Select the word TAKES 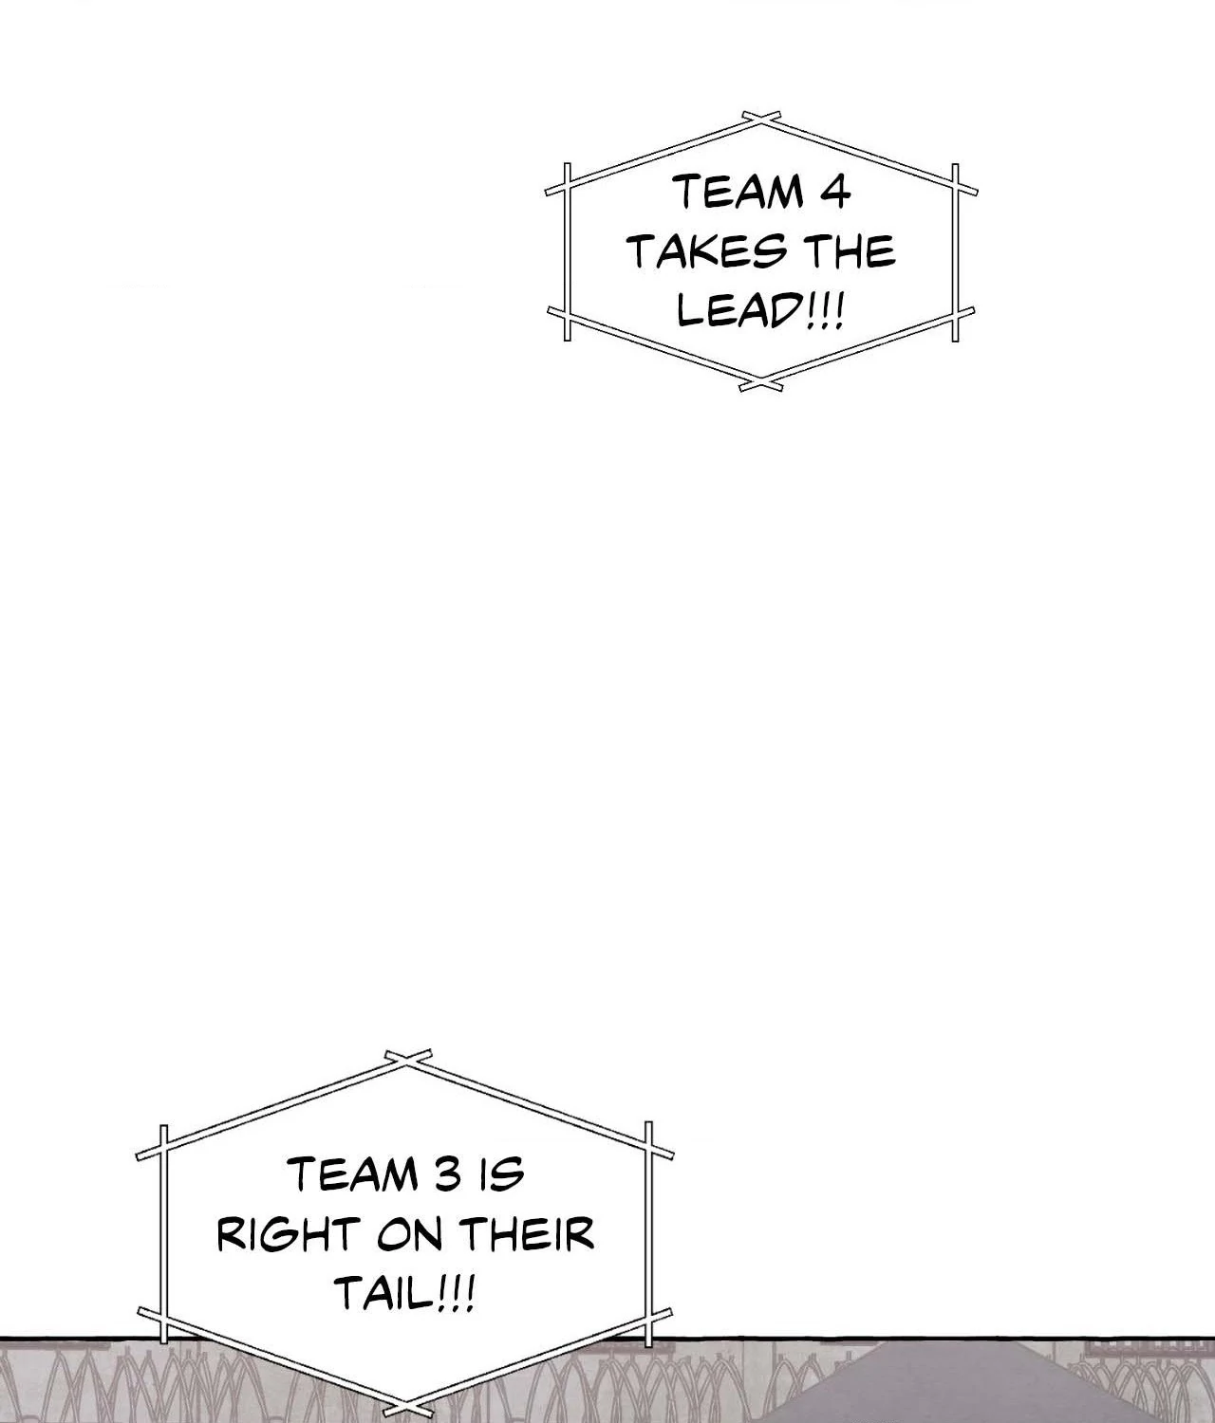[x=706, y=251]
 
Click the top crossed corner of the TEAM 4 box [x=760, y=119]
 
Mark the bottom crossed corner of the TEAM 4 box [x=761, y=383]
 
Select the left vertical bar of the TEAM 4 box [x=568, y=252]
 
